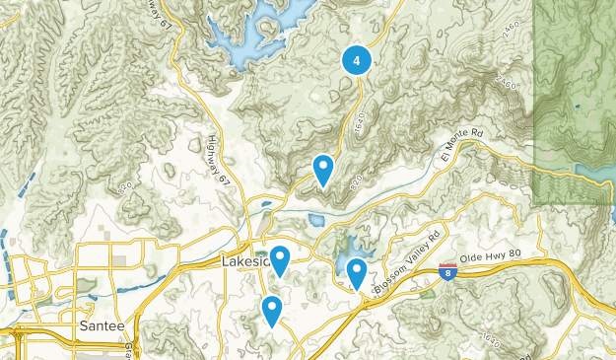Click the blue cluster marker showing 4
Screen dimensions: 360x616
[356, 60]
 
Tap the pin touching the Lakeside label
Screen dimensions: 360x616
[280, 260]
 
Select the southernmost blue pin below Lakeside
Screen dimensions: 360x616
[272, 312]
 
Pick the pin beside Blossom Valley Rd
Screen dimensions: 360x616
[357, 272]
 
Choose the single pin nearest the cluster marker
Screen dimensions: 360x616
[322, 170]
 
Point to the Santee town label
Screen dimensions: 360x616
[101, 324]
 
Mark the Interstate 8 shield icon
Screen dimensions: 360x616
[447, 271]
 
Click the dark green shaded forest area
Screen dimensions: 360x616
[575, 99]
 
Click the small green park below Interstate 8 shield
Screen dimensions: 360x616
[427, 294]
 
